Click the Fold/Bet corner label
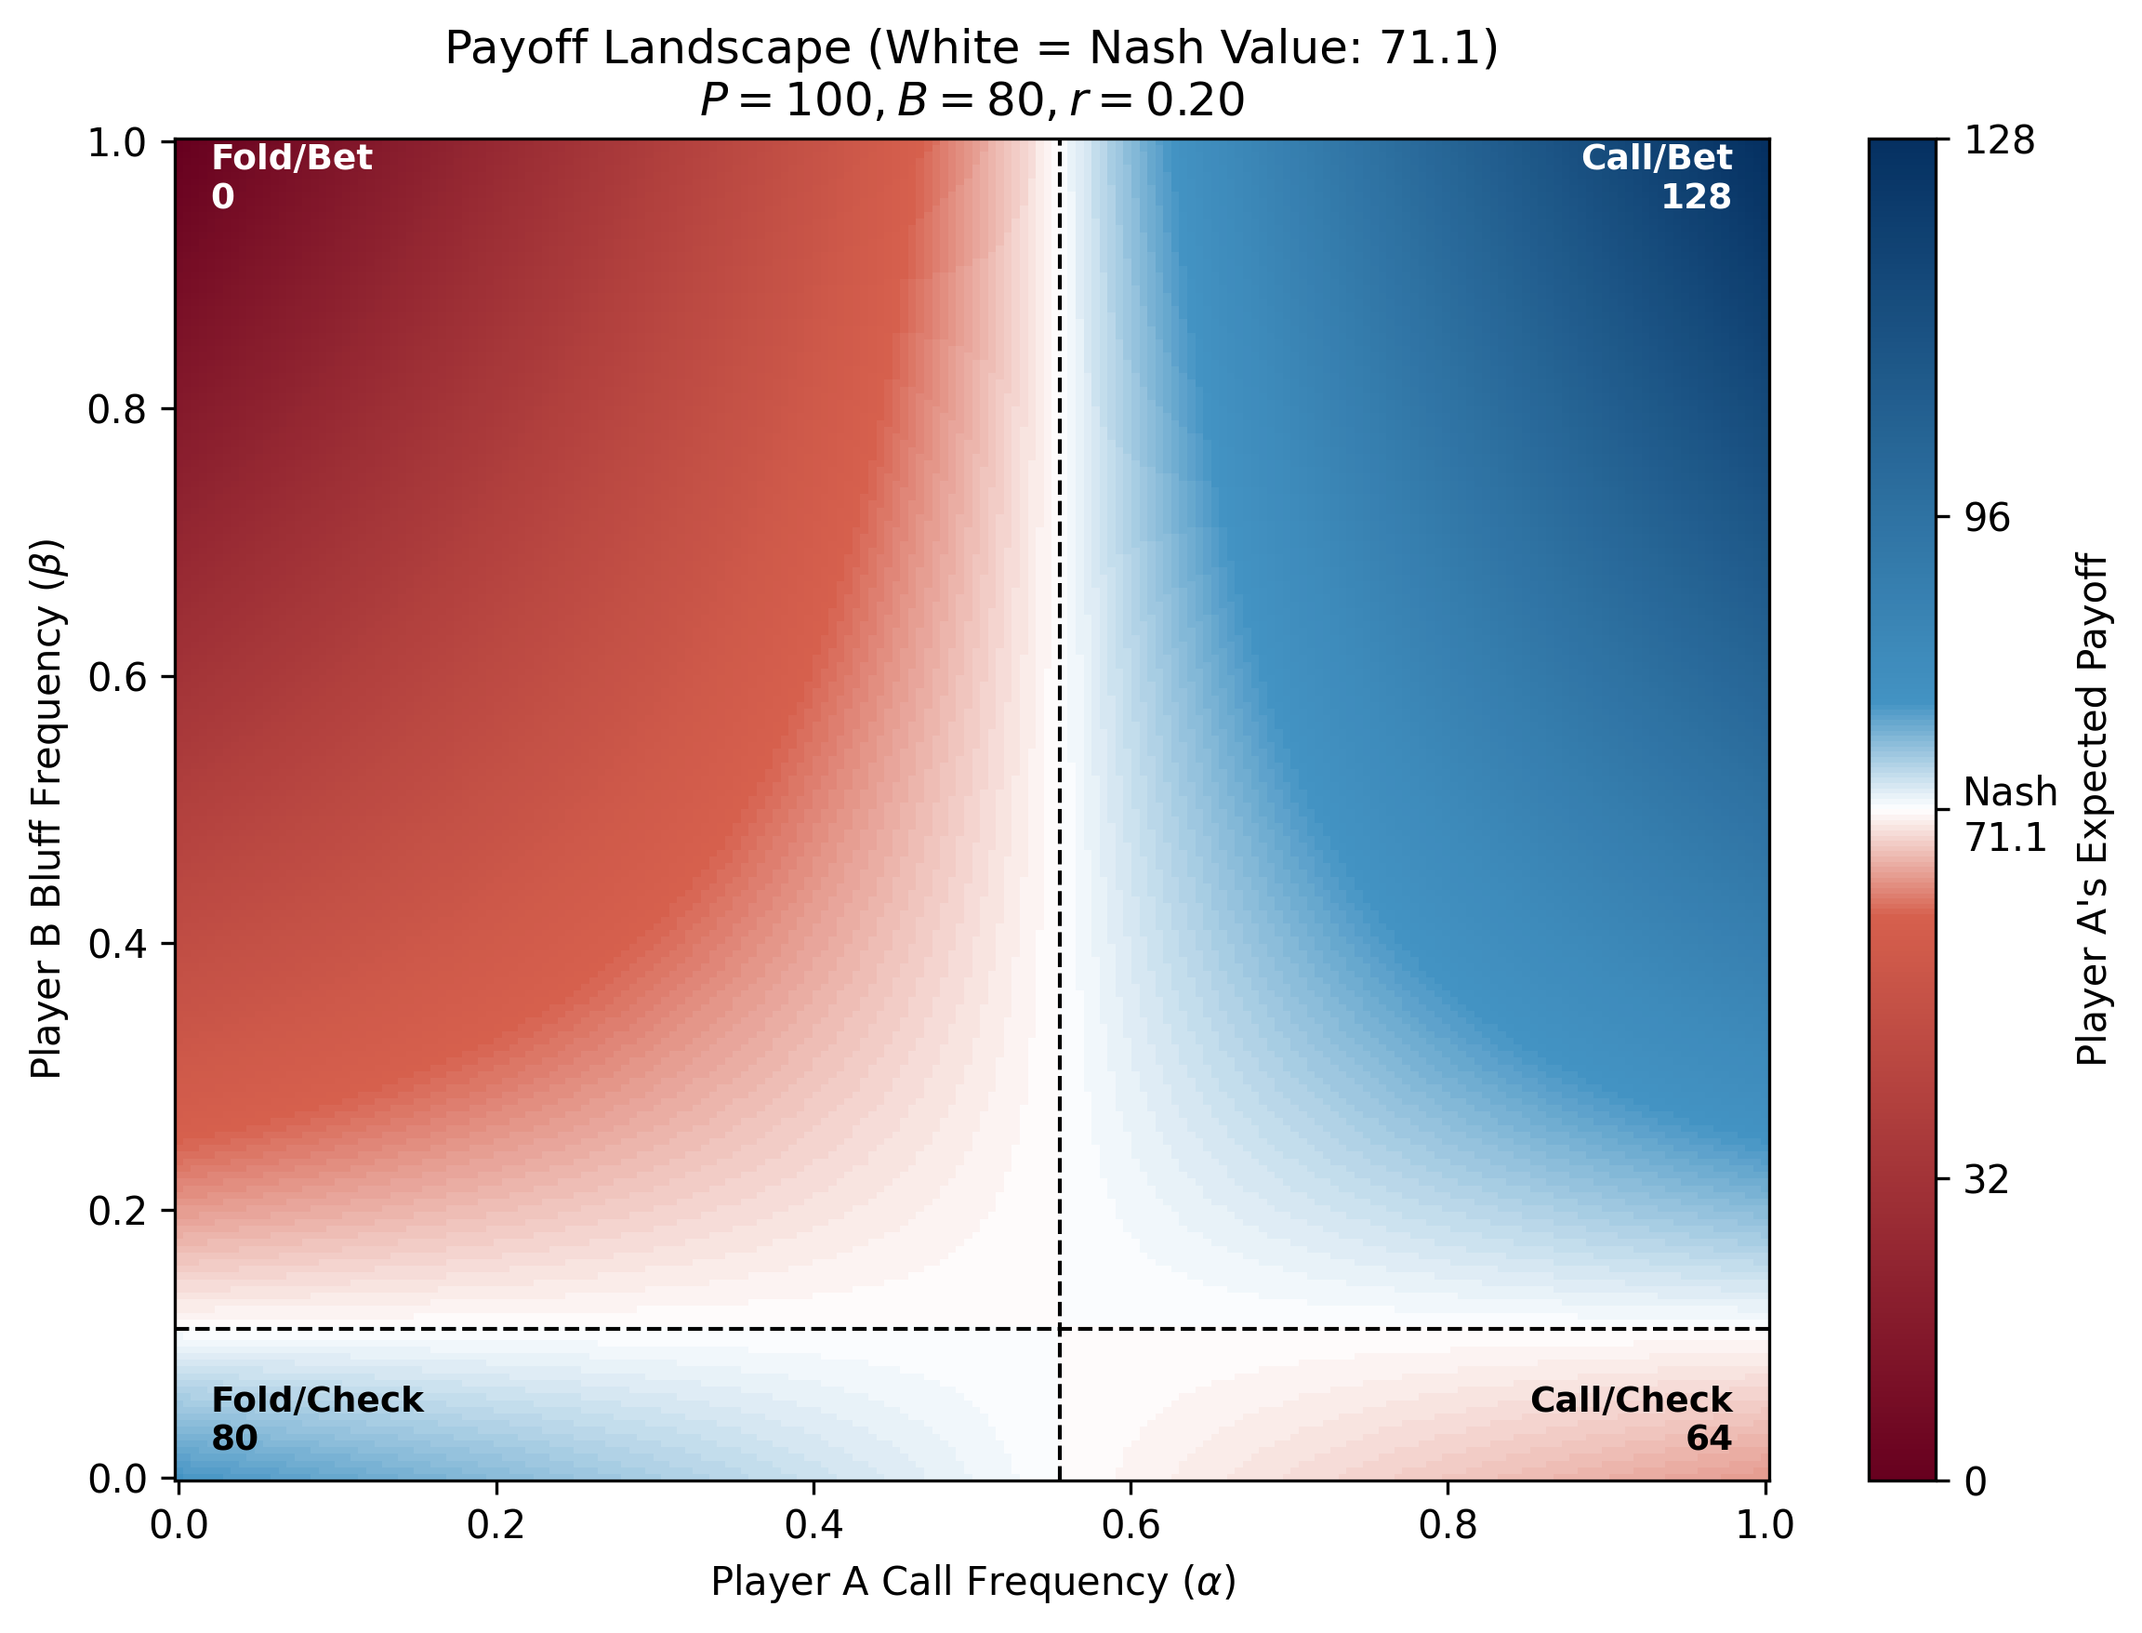click(292, 157)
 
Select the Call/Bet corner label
click(1656, 157)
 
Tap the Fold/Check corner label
click(317, 1400)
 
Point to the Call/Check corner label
click(1631, 1400)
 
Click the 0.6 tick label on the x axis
click(1130, 1525)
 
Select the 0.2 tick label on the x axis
click(496, 1525)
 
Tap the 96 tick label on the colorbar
click(1987, 518)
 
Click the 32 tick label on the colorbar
click(1987, 1180)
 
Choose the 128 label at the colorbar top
click(1999, 141)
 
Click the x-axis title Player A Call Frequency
click(972, 1582)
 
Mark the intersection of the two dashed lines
click(1059, 1328)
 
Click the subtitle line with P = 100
click(972, 100)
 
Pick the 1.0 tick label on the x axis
click(1765, 1525)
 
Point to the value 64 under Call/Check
click(1709, 1438)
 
